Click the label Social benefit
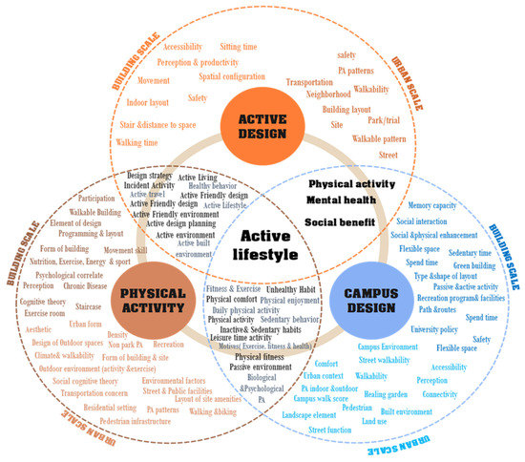(338, 222)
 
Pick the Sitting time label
(239, 46)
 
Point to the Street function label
(332, 430)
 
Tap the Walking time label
(137, 142)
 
